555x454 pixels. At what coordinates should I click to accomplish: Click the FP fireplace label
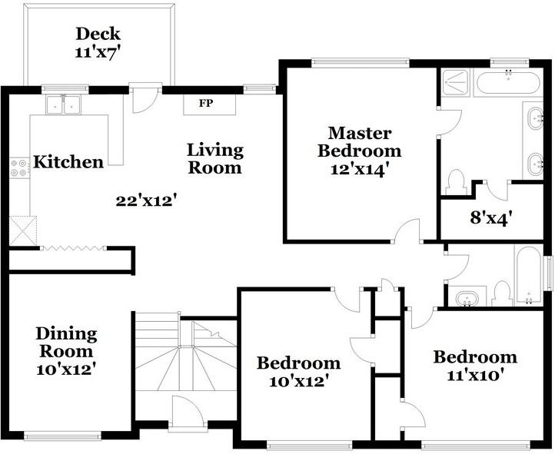coord(206,103)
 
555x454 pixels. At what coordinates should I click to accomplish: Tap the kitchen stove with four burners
coord(19,168)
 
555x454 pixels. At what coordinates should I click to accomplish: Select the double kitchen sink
coord(63,104)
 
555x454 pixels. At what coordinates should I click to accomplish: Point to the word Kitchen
coord(68,162)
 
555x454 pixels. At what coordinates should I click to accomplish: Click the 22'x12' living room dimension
coord(146,201)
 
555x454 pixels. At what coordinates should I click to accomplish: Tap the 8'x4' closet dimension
coord(491,217)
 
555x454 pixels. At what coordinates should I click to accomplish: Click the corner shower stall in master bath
coord(456,83)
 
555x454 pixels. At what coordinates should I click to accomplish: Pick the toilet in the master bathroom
coord(455,182)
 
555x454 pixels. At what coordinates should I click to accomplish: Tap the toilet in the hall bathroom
coord(501,293)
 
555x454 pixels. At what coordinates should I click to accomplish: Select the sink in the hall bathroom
coord(467,298)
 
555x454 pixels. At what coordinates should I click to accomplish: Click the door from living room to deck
coord(145,98)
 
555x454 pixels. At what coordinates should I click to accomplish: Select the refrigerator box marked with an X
coord(23,230)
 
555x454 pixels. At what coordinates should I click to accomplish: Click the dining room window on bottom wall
coord(62,436)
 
